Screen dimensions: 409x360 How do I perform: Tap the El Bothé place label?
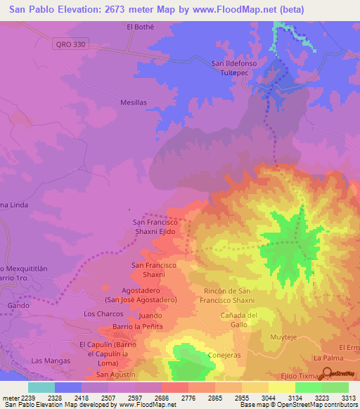[139, 27]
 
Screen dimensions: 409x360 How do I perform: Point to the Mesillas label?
[133, 102]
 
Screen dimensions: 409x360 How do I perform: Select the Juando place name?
[150, 316]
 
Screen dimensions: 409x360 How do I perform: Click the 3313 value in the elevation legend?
[348, 397]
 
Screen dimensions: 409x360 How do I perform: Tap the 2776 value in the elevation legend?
[188, 397]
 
